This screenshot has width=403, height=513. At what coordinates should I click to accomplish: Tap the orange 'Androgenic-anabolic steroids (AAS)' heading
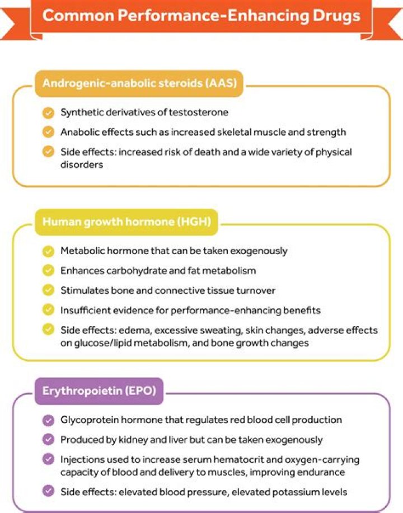pyautogui.click(x=140, y=84)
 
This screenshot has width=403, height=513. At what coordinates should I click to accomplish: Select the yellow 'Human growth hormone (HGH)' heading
pyautogui.click(x=126, y=222)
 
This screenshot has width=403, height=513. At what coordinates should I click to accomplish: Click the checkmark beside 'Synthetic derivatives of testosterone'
pyautogui.click(x=49, y=112)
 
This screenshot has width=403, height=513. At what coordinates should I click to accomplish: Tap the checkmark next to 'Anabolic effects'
pyautogui.click(x=49, y=133)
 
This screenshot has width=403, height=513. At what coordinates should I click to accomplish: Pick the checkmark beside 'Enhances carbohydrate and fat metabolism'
pyautogui.click(x=49, y=271)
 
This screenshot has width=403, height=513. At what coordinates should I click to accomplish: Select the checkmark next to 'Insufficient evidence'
pyautogui.click(x=49, y=310)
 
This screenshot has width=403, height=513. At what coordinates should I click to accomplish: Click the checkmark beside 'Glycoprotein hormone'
pyautogui.click(x=49, y=420)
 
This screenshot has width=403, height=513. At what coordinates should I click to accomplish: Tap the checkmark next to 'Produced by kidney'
pyautogui.click(x=49, y=440)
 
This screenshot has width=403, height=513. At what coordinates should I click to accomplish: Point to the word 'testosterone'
pyautogui.click(x=199, y=112)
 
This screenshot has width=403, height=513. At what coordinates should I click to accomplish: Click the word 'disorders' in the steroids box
pyautogui.click(x=82, y=165)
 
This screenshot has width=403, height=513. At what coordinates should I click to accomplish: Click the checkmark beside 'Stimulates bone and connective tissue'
pyautogui.click(x=49, y=290)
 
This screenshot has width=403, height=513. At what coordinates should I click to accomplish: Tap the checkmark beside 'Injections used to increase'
pyautogui.click(x=49, y=460)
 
